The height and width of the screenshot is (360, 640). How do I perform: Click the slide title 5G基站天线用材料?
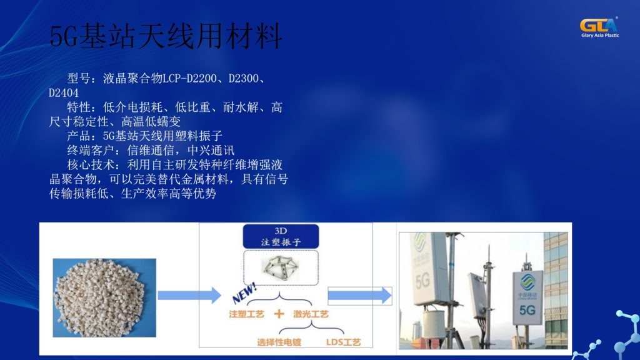click(166, 37)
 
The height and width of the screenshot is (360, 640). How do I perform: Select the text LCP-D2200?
click(189, 79)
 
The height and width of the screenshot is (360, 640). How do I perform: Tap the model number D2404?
click(64, 93)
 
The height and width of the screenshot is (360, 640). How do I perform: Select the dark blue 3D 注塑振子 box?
click(281, 236)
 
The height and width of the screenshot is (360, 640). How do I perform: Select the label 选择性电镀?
click(279, 342)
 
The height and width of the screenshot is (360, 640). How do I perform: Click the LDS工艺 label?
click(344, 342)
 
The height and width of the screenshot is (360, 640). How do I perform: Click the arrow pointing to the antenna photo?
click(359, 295)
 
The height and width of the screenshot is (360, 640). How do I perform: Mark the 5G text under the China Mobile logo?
click(527, 310)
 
